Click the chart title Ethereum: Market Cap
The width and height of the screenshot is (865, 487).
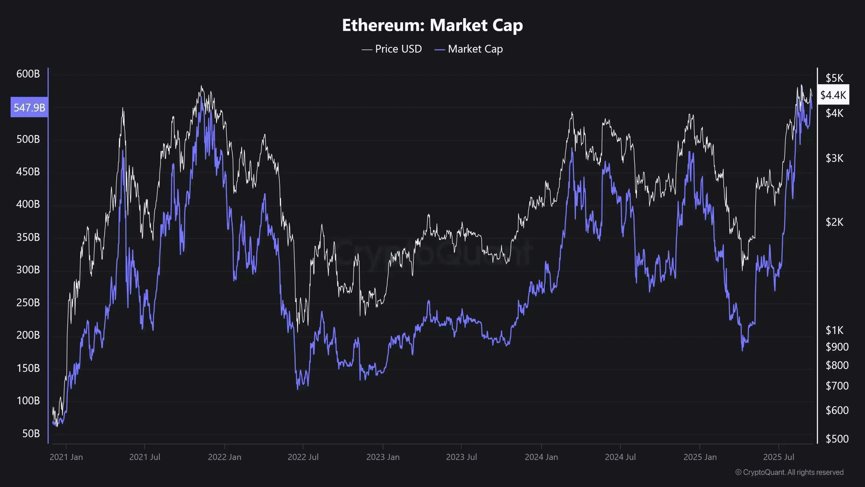(x=432, y=25)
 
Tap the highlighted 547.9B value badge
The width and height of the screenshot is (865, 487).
(x=29, y=108)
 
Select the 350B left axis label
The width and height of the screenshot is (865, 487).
(x=28, y=237)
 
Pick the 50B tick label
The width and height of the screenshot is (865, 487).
(x=31, y=434)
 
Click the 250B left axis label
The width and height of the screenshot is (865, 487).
(x=28, y=303)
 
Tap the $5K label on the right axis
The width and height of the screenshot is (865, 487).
(x=834, y=78)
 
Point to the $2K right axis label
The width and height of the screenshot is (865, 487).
(x=834, y=222)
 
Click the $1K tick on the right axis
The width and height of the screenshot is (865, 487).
(x=834, y=330)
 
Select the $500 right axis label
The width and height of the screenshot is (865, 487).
(x=837, y=439)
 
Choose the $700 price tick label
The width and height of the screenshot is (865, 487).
(x=837, y=386)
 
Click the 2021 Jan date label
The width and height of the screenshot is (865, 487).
(x=66, y=457)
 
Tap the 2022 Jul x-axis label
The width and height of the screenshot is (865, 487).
(x=303, y=457)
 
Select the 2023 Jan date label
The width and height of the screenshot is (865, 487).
(x=383, y=457)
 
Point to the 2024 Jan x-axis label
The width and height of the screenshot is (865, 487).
(x=541, y=457)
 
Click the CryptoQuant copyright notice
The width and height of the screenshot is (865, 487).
(x=789, y=472)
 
